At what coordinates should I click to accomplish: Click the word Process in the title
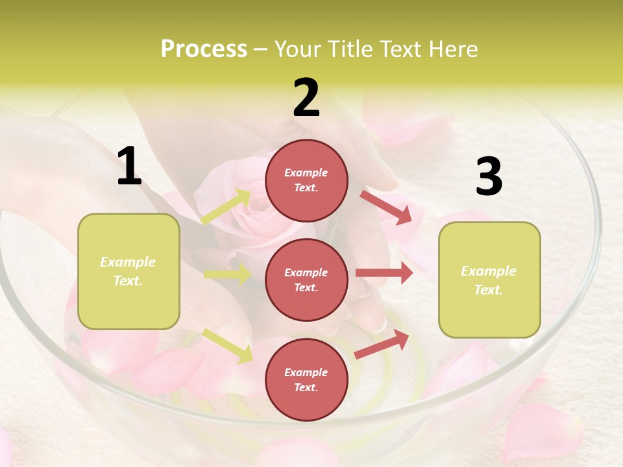pyautogui.click(x=204, y=49)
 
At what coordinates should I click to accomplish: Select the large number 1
pyautogui.click(x=129, y=167)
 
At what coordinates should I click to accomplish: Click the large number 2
pyautogui.click(x=306, y=98)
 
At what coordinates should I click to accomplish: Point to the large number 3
pyautogui.click(x=489, y=176)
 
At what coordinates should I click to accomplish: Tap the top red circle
pyautogui.click(x=306, y=180)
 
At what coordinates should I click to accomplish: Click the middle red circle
pyautogui.click(x=306, y=280)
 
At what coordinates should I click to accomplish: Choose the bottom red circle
pyautogui.click(x=306, y=379)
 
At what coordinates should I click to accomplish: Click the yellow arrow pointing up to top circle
pyautogui.click(x=226, y=206)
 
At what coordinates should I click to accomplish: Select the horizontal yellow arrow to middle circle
pyautogui.click(x=227, y=274)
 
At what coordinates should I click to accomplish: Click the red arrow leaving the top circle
pyautogui.click(x=387, y=207)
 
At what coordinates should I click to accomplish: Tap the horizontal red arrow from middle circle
pyautogui.click(x=384, y=273)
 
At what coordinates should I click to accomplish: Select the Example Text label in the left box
pyautogui.click(x=128, y=271)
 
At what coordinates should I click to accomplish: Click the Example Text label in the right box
pyautogui.click(x=489, y=280)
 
